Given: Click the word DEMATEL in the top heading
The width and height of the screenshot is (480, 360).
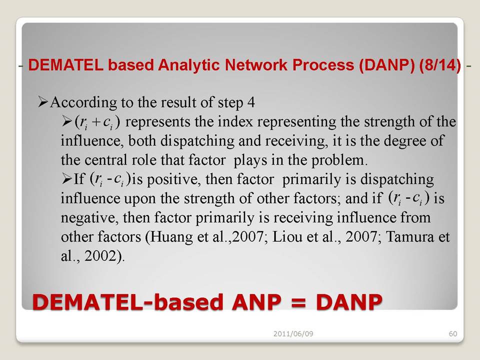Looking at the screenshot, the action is click(66, 65).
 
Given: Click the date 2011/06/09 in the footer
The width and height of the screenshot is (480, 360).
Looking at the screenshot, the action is click(293, 333).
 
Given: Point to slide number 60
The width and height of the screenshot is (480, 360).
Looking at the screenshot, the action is click(453, 333).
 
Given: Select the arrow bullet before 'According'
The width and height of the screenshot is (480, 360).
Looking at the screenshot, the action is click(43, 102).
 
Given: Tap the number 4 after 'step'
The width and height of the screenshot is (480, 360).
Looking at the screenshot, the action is click(251, 102).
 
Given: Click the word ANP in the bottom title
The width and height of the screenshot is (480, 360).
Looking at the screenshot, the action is click(256, 302).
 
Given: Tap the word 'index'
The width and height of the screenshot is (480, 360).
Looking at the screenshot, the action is click(235, 122).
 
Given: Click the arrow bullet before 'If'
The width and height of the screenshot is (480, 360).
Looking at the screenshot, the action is click(66, 179).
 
